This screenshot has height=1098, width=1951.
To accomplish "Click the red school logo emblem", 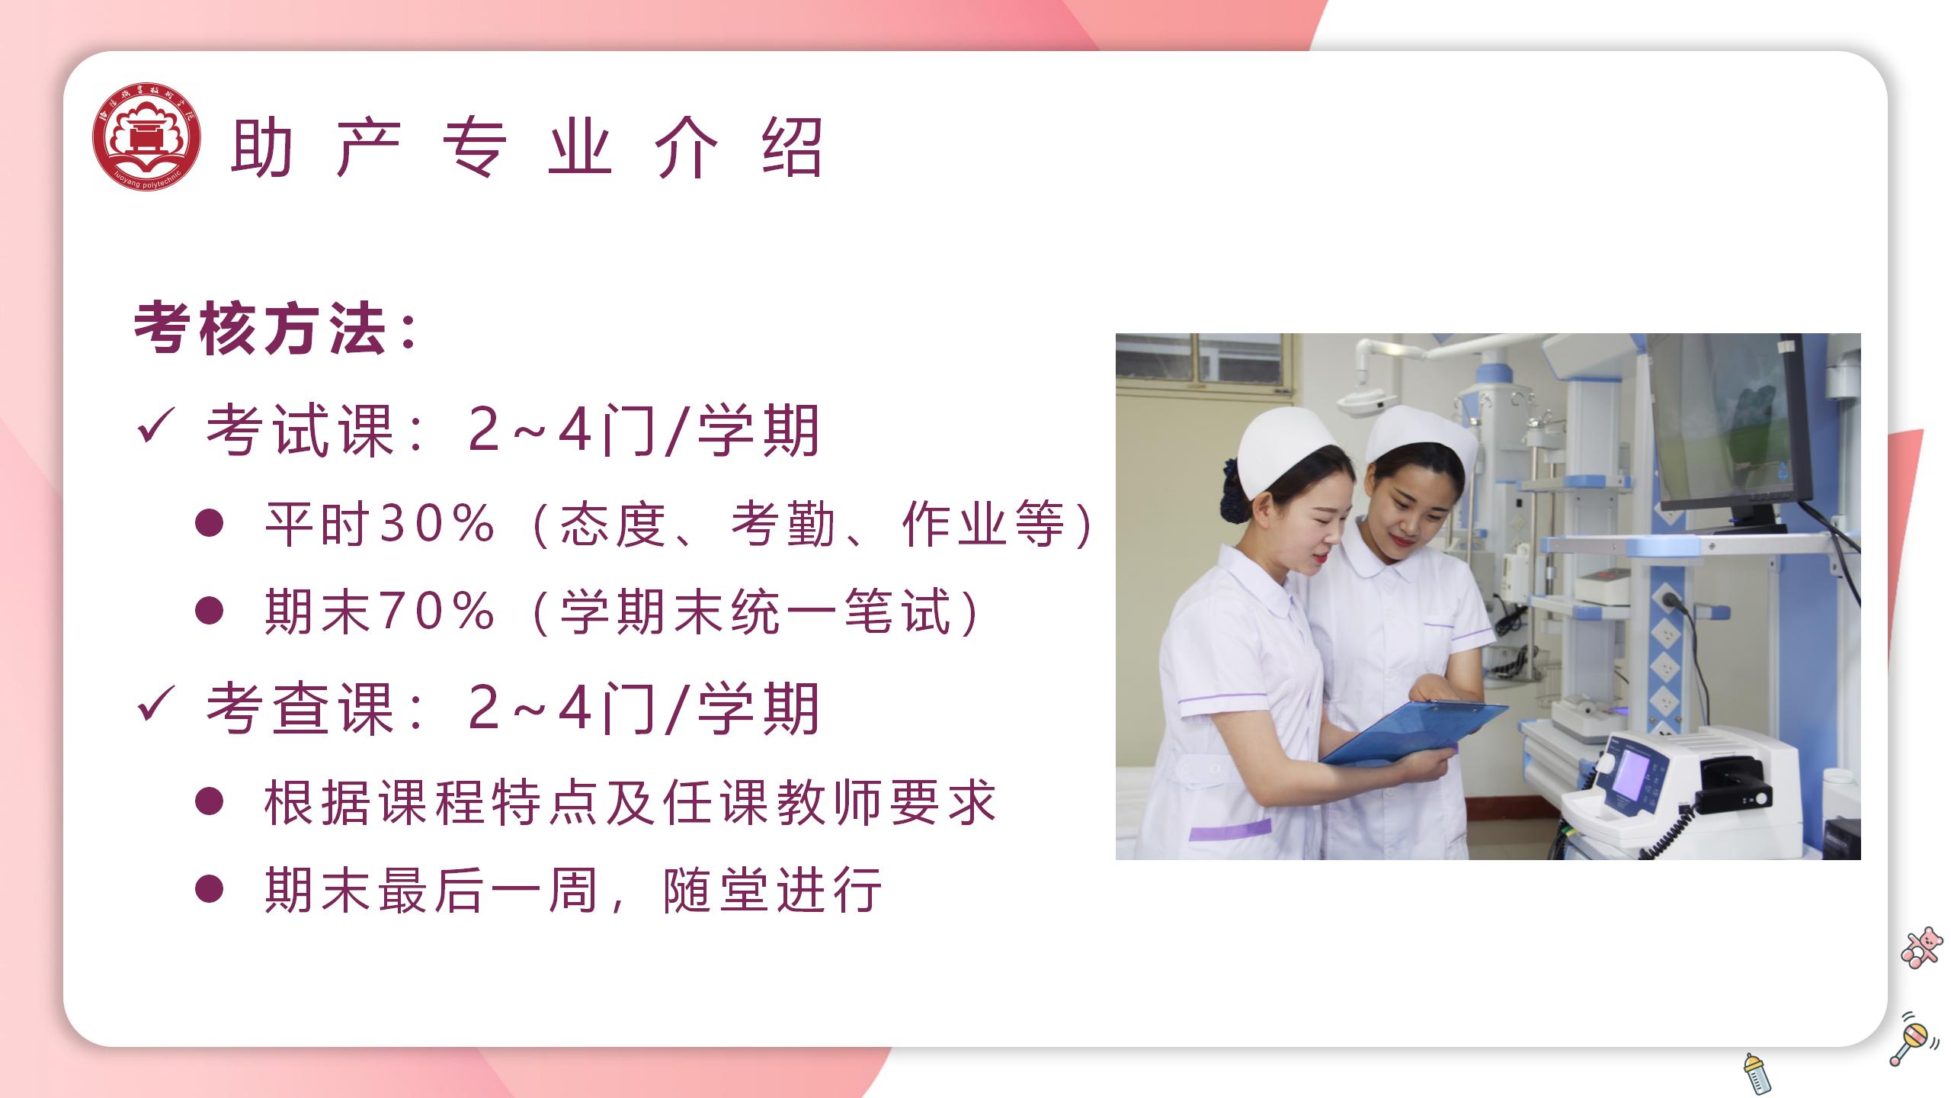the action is pos(146,136).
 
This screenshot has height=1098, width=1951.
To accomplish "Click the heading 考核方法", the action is pos(260,329).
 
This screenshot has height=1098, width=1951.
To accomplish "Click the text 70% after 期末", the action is pos(436,612).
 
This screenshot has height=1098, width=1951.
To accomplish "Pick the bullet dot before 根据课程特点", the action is pos(209,801).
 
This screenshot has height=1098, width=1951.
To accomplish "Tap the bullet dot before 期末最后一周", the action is pos(209,889).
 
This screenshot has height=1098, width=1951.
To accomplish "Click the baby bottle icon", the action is pos(1757,1074).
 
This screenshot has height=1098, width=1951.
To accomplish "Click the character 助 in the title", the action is pos(261,148).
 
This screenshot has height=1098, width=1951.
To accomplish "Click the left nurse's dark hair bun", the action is pos(1231,492).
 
